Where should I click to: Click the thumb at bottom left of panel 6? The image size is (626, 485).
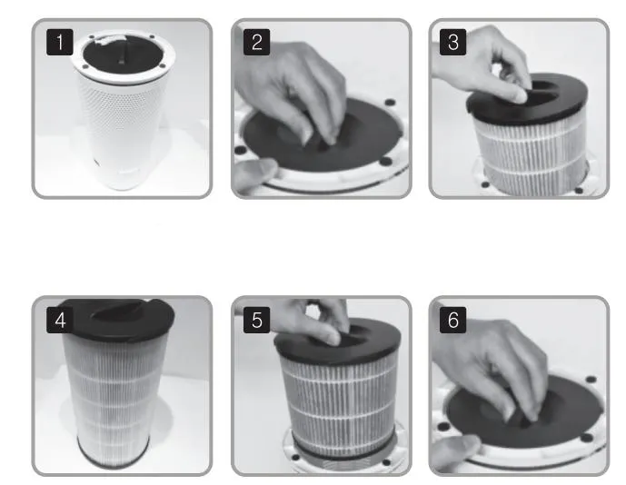(x=452, y=450)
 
